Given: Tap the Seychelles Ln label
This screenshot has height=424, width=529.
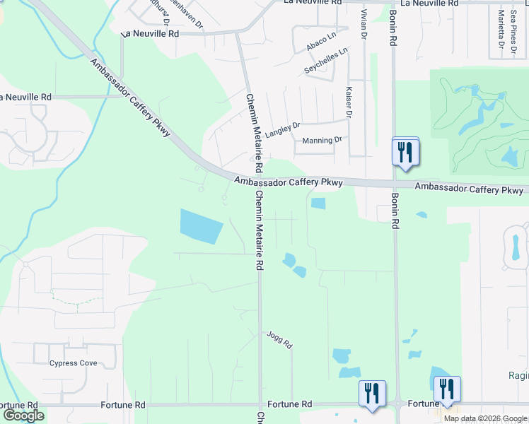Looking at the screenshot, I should [326, 61].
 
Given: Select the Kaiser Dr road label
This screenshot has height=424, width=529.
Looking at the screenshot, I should [349, 102].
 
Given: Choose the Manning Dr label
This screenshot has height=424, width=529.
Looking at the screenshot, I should [322, 140].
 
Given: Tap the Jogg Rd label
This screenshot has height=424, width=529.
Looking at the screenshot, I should [279, 340].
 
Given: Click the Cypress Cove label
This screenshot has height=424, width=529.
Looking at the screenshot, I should [73, 363].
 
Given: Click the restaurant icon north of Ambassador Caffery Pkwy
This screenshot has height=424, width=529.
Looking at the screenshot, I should [405, 151].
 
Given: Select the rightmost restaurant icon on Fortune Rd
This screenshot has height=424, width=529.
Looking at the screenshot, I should [447, 389].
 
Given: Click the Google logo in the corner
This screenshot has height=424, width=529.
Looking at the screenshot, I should [23, 416].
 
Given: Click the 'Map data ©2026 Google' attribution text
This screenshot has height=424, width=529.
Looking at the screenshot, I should [486, 418].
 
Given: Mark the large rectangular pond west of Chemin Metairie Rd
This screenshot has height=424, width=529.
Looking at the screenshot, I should [202, 226].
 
